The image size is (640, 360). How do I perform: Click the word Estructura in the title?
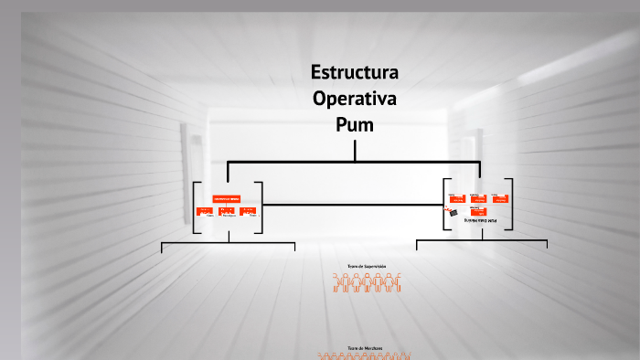[x=355, y=72]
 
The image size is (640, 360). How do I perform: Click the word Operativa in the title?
[x=355, y=98]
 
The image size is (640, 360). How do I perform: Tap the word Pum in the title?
[x=355, y=123]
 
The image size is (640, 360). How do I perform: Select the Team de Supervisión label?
[x=367, y=267]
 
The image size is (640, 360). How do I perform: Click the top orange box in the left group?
[x=227, y=198]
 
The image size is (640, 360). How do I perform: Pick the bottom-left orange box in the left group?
[x=204, y=211]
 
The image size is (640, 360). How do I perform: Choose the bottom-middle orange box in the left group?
[x=227, y=211]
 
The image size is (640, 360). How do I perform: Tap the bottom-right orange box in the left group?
[x=248, y=211]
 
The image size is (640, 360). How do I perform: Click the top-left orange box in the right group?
[x=454, y=196]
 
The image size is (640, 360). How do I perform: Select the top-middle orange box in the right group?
[x=476, y=196]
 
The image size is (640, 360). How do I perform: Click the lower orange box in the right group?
[x=477, y=212]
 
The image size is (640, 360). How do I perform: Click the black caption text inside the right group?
[x=479, y=221]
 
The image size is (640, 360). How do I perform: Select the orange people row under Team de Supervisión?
[x=367, y=282]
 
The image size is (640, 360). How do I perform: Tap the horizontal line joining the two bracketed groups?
[x=352, y=204]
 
